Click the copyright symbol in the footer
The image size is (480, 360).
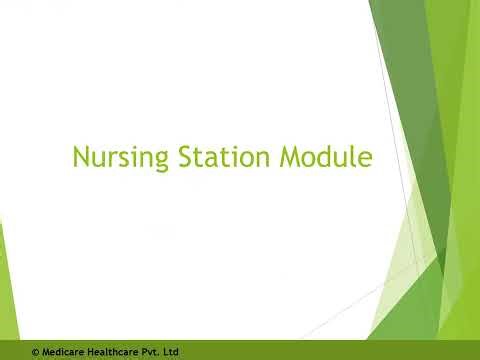coord(36,352)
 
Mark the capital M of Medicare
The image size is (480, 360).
coord(46,352)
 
